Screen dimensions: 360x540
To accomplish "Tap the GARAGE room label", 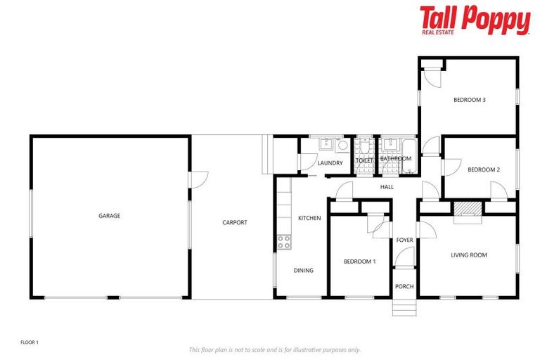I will click(x=109, y=216).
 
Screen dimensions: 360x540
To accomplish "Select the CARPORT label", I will click(x=234, y=223).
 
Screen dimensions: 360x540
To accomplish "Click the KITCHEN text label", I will click(x=309, y=219).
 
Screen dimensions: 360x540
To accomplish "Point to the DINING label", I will click(x=304, y=271).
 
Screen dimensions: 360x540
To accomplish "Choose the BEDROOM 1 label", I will click(x=359, y=262).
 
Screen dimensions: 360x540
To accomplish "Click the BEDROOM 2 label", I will click(x=484, y=169).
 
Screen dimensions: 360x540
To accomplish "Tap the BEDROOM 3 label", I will click(x=470, y=100).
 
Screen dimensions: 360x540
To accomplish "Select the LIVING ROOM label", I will click(x=469, y=255).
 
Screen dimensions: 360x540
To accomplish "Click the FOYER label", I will click(x=404, y=240).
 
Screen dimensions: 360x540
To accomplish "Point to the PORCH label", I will click(x=404, y=286).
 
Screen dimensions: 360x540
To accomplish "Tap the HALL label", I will click(x=387, y=187).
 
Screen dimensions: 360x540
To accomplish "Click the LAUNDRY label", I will click(x=330, y=163).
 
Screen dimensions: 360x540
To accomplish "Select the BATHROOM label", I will click(x=395, y=159).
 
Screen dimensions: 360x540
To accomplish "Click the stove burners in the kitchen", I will click(x=284, y=242).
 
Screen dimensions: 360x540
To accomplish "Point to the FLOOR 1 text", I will click(x=30, y=342).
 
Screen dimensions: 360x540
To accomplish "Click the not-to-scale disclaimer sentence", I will click(x=274, y=349).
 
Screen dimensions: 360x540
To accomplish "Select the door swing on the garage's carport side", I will click(x=199, y=180).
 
